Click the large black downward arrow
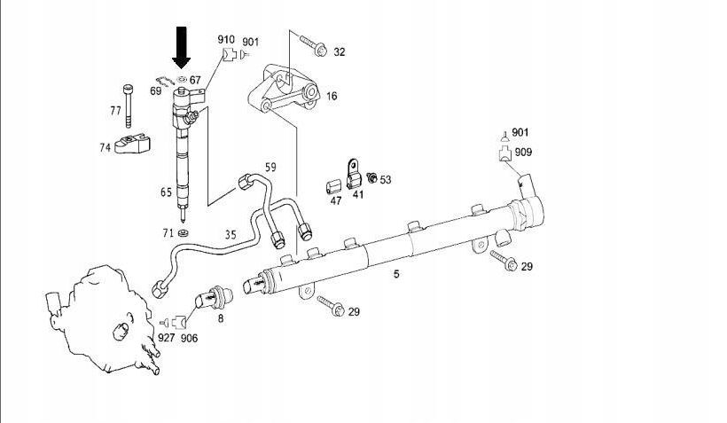182,46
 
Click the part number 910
226,40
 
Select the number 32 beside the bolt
339,52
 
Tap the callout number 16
332,97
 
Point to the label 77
115,111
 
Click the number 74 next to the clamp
106,148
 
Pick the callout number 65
166,192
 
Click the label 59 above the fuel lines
271,167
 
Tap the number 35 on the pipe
231,235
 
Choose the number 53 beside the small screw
385,180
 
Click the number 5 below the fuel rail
396,274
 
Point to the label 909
524,153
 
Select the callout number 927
166,338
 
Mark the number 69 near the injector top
156,90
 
